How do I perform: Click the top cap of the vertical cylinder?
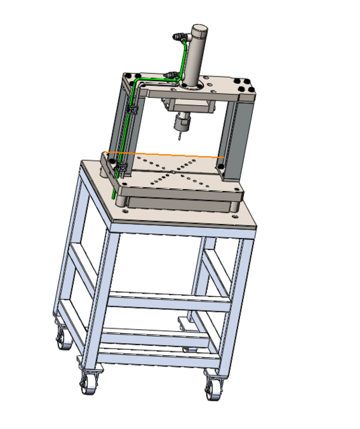point(200,30)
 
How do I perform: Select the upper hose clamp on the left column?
point(132,109)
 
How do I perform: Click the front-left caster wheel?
point(87,383)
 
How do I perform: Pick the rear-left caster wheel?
point(62,339)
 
